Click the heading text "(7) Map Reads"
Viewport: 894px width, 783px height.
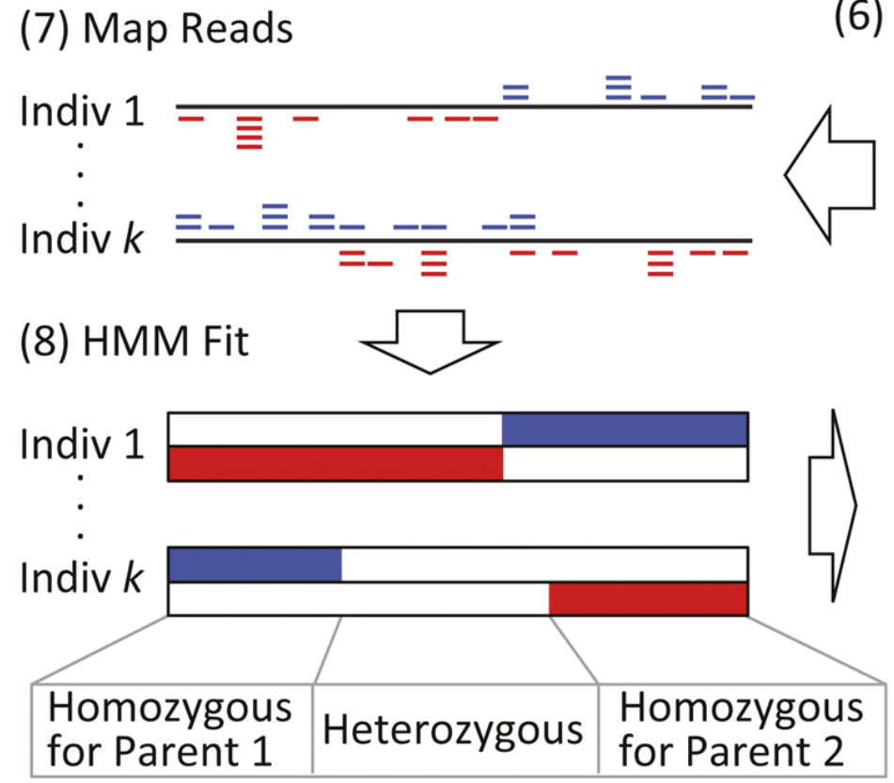tap(156, 28)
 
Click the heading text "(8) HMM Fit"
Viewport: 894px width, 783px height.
tap(134, 342)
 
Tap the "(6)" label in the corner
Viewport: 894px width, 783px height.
tap(858, 16)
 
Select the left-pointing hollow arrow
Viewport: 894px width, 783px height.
tap(829, 175)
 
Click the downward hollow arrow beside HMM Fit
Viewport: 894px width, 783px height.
tap(430, 342)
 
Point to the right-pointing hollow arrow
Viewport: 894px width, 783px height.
tap(832, 505)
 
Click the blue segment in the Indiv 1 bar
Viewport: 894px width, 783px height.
tap(625, 429)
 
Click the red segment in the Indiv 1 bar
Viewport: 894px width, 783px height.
tap(336, 463)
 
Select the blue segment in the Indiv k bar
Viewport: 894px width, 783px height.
tap(255, 565)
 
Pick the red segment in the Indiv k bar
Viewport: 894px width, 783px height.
tap(649, 599)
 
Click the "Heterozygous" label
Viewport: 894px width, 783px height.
tap(453, 730)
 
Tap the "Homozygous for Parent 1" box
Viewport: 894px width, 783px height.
tap(172, 728)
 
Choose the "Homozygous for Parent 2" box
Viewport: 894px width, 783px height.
tap(742, 728)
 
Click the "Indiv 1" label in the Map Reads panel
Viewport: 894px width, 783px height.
tap(82, 111)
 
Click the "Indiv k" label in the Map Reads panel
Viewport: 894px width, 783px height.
tap(81, 238)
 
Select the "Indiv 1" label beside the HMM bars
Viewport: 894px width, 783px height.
tap(82, 444)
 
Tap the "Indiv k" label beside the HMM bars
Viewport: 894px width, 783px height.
tap(81, 578)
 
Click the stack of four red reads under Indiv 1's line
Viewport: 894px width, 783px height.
tap(250, 133)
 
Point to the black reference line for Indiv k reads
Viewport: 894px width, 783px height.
tap(464, 241)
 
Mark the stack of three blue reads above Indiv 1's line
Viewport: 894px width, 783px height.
tap(619, 88)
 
